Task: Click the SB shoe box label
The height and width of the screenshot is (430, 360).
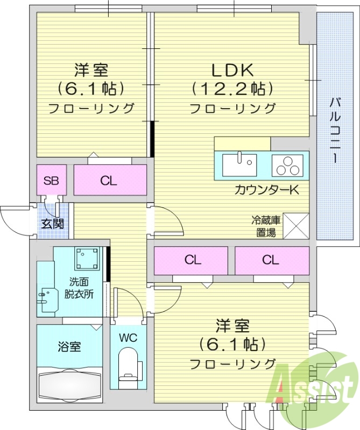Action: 51,181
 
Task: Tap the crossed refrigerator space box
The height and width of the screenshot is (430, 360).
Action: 295,226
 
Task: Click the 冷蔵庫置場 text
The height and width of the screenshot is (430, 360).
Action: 265,226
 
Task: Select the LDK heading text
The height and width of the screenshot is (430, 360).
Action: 231,69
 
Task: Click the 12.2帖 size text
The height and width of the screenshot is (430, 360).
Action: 231,88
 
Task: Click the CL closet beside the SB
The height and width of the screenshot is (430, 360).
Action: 109,181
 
